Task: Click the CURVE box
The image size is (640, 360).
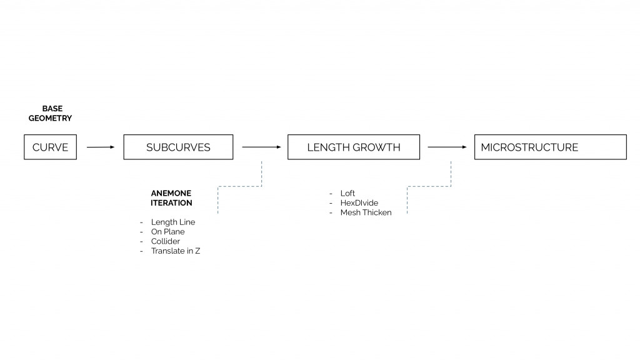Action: point(50,147)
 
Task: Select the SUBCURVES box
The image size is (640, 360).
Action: point(178,147)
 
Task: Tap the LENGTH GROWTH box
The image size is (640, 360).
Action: point(354,147)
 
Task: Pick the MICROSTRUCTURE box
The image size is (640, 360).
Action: point(550,147)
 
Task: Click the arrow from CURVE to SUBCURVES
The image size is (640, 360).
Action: point(100,147)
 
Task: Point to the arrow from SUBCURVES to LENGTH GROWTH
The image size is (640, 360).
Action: point(261,147)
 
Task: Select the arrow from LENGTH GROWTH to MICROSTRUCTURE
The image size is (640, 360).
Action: point(447,147)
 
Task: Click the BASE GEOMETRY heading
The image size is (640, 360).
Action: point(50,113)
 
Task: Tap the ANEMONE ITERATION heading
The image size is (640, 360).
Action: point(171,198)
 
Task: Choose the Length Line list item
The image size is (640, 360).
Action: point(172,222)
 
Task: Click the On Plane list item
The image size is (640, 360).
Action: point(167,232)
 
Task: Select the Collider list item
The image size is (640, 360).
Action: point(165,241)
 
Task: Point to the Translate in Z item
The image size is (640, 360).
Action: point(175,251)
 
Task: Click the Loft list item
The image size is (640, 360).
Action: point(347,194)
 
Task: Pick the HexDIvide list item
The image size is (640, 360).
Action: point(359,203)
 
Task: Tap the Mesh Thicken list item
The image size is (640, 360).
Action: point(366,212)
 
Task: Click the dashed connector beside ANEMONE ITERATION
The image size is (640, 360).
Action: point(239,186)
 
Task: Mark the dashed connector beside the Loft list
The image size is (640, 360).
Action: point(429,186)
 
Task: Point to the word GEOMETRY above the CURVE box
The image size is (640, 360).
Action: point(50,118)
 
